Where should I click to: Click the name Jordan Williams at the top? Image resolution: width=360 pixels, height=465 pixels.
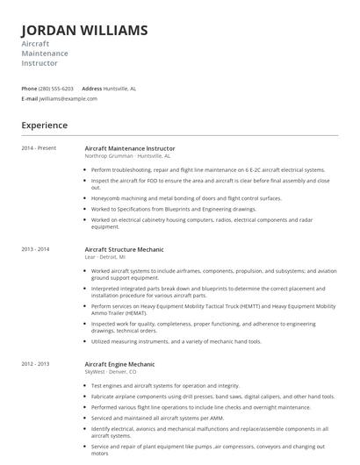point(84,31)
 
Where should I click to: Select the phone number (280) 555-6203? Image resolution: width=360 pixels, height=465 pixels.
point(57,89)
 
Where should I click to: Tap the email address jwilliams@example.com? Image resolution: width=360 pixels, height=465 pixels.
point(68,99)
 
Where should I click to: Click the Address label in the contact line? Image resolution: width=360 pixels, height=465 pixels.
point(92,89)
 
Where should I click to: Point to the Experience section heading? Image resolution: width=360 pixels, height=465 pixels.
point(45,125)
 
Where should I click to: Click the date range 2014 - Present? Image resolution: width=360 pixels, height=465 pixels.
point(40,148)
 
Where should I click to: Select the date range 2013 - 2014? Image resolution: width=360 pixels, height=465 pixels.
point(36,249)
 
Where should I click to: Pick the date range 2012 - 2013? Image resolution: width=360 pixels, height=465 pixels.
point(36,363)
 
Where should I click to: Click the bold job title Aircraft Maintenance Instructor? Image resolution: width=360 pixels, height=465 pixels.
point(129,148)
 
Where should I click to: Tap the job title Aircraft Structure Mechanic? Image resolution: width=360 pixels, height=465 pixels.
point(124,249)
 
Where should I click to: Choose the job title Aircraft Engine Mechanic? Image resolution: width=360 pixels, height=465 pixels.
point(119,363)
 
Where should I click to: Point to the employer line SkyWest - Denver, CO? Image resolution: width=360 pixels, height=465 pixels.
point(111,371)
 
